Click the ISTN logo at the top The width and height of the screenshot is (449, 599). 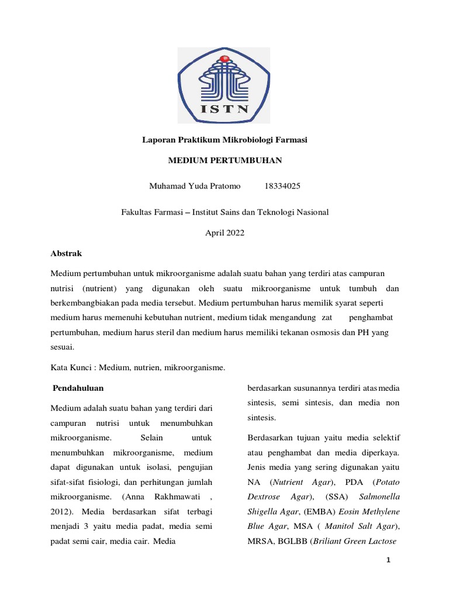pyautogui.click(x=224, y=85)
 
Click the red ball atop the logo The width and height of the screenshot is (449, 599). pyautogui.click(x=224, y=59)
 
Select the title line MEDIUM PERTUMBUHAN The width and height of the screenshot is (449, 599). pyautogui.click(x=225, y=160)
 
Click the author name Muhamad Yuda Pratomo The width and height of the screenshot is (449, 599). pyautogui.click(x=195, y=186)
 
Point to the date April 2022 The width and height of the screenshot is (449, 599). pyautogui.click(x=224, y=232)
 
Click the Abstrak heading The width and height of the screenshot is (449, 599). pyautogui.click(x=66, y=253)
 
